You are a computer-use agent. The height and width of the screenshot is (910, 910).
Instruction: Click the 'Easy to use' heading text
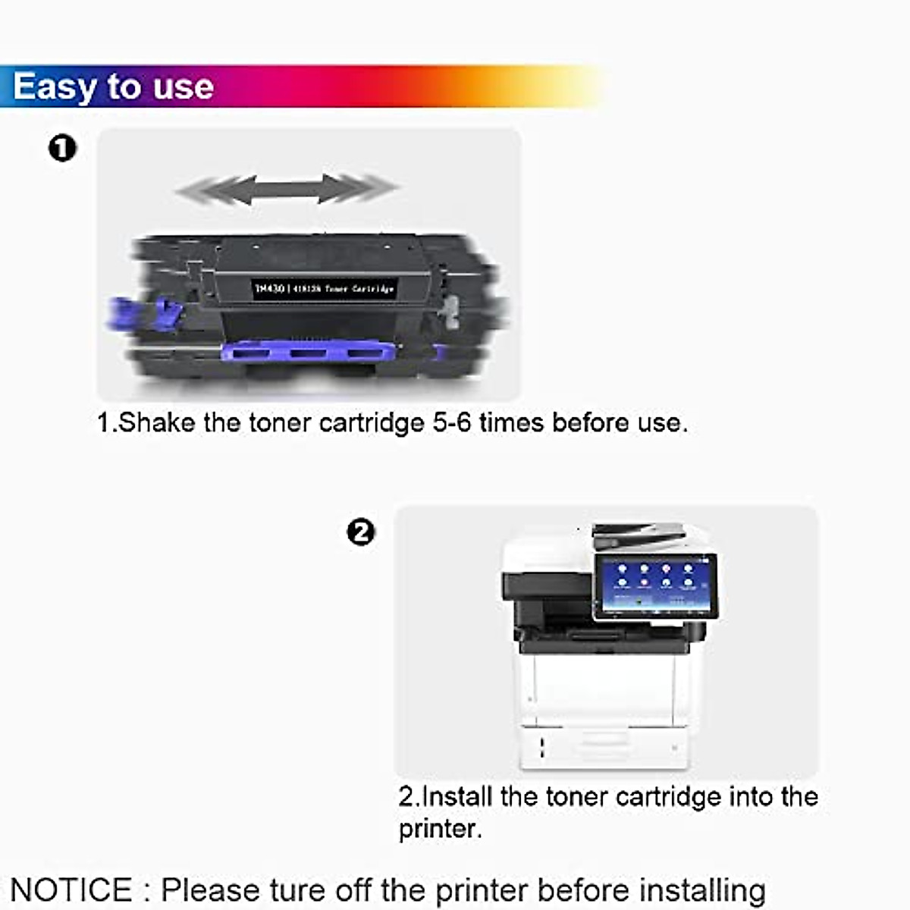[x=113, y=86]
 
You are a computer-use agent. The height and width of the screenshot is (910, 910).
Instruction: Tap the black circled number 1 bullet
[x=62, y=148]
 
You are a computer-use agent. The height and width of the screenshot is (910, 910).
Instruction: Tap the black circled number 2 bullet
[x=361, y=532]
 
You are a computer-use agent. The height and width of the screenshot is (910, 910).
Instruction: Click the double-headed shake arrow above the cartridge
[x=287, y=189]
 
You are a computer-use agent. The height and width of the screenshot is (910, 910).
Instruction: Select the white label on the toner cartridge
[x=324, y=289]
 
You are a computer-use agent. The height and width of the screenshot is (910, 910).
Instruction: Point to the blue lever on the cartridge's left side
[x=144, y=313]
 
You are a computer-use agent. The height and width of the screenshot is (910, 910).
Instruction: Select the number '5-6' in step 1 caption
[x=452, y=422]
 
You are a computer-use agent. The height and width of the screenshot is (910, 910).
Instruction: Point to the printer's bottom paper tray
[x=604, y=747]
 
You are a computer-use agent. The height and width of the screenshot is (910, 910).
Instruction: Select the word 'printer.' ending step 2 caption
[x=440, y=828]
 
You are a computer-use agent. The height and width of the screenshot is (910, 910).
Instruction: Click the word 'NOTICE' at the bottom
[x=71, y=890]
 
